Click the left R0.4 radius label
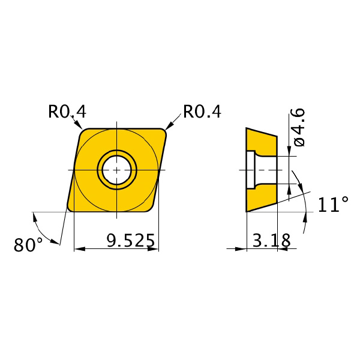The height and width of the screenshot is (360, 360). point(67,112)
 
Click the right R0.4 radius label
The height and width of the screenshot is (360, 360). point(202,112)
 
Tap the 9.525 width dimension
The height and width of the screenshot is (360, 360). point(131,241)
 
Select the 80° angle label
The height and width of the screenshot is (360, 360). point(28,245)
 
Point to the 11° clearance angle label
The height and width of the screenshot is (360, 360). point(333,204)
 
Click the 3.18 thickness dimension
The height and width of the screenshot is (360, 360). point(271,241)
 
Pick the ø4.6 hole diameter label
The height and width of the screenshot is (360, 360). point(298,127)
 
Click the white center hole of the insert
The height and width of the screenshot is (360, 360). point(117,170)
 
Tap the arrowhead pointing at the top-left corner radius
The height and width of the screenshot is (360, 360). point(79,125)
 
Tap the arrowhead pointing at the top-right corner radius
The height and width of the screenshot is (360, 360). point(169,126)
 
